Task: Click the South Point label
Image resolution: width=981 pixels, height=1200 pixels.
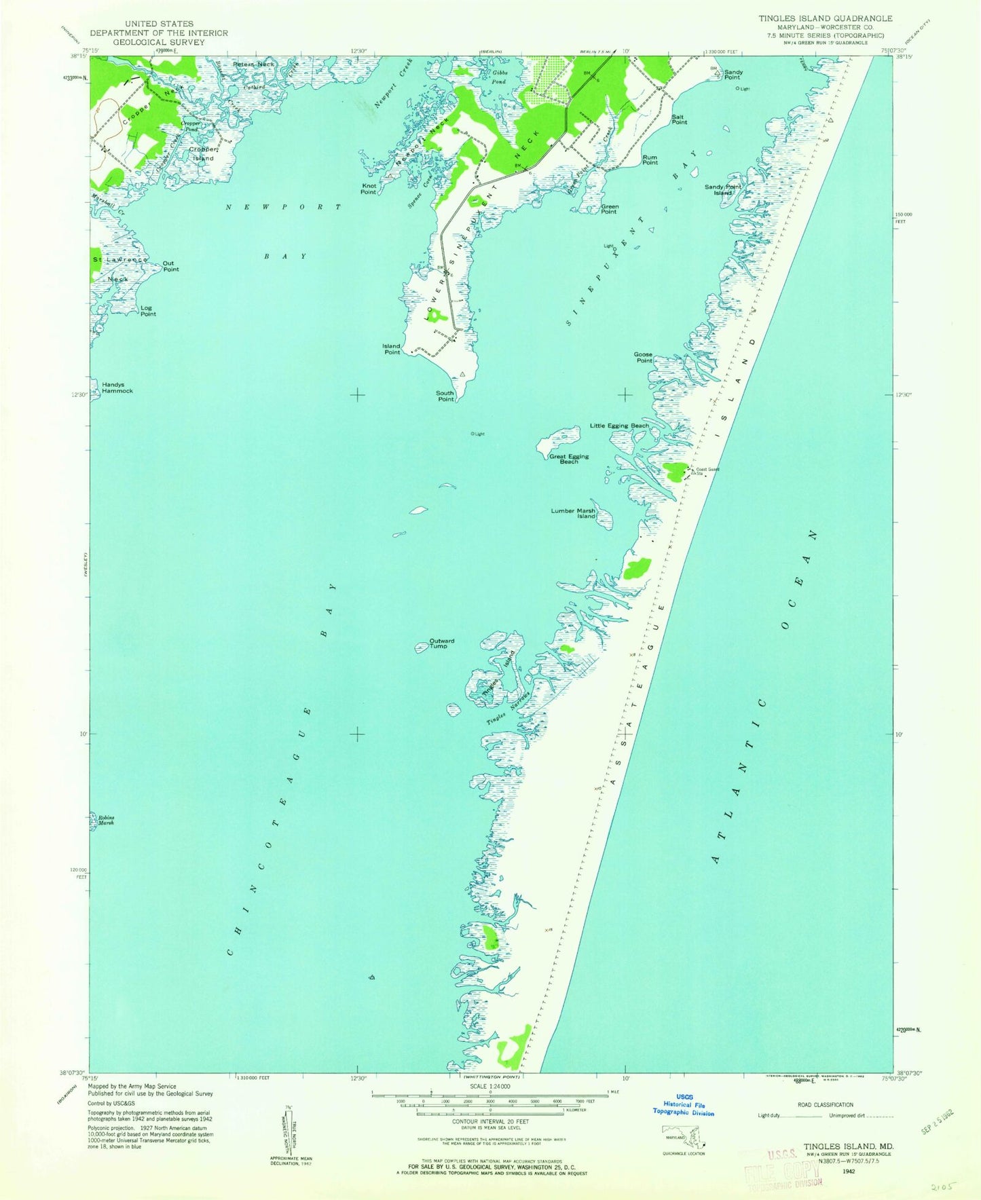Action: click(445, 396)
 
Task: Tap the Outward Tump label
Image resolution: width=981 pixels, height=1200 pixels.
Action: click(441, 643)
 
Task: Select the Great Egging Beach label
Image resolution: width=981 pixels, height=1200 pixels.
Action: click(569, 459)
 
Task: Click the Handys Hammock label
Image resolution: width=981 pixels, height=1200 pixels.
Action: click(117, 388)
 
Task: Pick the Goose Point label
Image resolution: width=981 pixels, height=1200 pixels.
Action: click(643, 357)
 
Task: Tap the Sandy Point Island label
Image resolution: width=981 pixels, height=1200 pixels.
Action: click(722, 189)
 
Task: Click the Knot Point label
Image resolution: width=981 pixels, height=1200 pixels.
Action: click(369, 189)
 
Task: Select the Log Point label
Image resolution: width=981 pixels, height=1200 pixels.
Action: click(148, 311)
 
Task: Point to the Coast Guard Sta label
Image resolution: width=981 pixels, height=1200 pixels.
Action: click(706, 471)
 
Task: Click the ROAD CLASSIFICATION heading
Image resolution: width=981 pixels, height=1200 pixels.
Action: click(825, 1105)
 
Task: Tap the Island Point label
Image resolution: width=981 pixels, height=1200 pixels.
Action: click(392, 350)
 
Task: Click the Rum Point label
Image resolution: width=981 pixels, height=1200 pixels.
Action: click(650, 160)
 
